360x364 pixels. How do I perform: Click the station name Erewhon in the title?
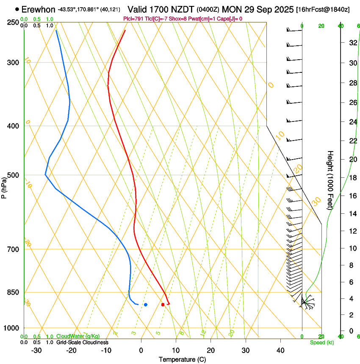point(38,9)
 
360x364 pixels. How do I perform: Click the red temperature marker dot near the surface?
point(163,304)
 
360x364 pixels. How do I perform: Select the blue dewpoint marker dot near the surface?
point(145,304)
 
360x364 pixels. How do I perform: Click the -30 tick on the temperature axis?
point(36,350)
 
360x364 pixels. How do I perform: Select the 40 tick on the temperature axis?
point(280,350)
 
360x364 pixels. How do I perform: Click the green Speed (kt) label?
point(322,342)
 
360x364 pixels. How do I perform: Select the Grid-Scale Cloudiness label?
point(82,342)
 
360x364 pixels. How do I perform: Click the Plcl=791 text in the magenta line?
point(133,19)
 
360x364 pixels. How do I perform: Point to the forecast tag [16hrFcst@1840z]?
point(323,9)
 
